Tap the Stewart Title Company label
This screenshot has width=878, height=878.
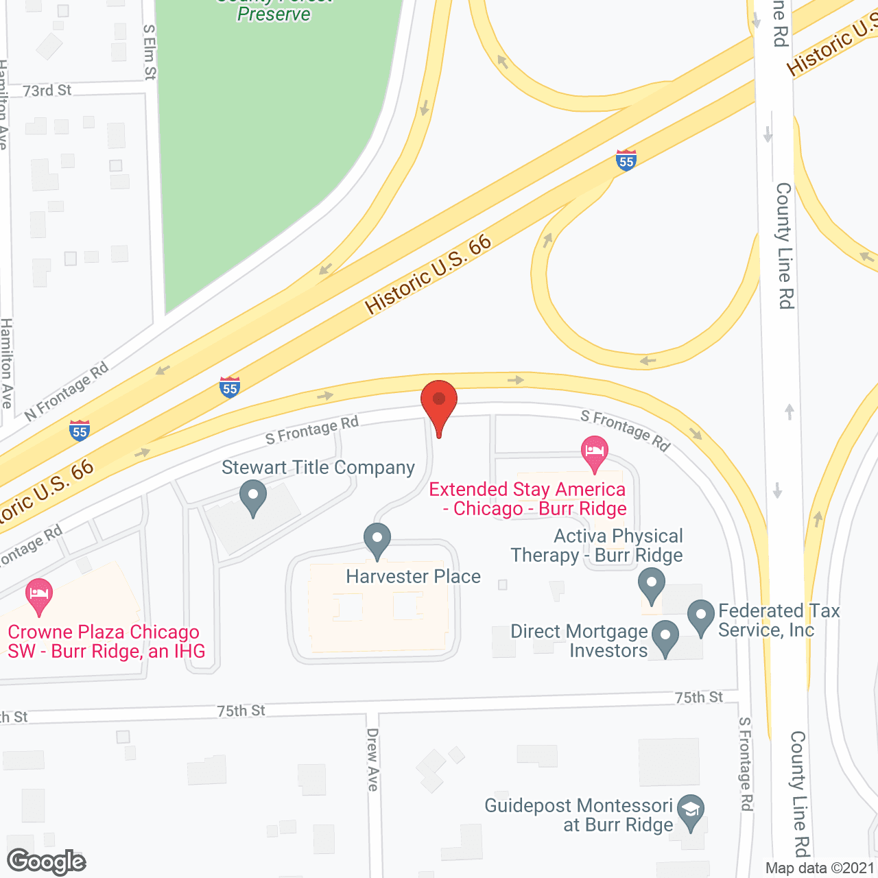point(318,468)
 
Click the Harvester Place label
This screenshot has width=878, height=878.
point(413,576)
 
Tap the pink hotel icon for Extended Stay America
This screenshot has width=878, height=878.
point(594,453)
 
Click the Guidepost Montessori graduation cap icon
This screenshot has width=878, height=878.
point(691,811)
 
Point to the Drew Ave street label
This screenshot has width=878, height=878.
point(372,759)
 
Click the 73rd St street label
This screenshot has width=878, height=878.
point(47,91)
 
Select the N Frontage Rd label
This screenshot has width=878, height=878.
point(67,392)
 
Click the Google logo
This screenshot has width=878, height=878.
point(47,862)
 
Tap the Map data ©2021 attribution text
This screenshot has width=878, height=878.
point(820,868)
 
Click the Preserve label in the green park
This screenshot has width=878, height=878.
point(274,13)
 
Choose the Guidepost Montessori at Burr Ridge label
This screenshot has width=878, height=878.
point(578,815)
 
